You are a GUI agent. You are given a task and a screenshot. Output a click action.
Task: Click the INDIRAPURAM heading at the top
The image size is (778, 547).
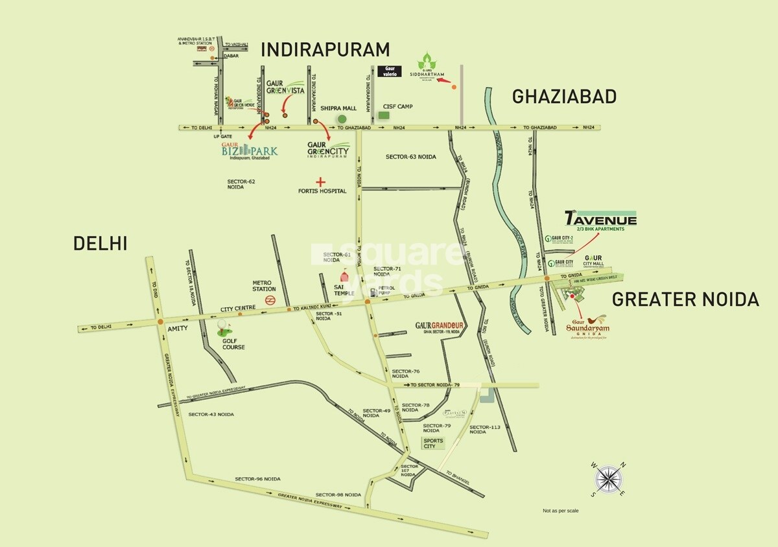point(325,50)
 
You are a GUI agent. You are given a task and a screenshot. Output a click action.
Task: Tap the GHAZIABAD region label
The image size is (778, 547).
point(564,97)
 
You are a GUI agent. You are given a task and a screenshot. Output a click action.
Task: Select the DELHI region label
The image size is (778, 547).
point(100,244)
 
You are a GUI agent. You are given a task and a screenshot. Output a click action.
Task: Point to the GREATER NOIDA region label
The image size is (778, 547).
point(685,299)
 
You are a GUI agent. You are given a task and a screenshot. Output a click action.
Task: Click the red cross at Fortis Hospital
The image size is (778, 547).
point(319,182)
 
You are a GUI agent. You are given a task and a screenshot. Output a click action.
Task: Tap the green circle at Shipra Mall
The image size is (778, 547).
point(341,119)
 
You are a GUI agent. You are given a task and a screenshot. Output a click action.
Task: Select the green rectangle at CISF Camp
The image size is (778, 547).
point(384,115)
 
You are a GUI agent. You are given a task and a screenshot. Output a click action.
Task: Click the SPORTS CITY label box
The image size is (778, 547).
point(434,444)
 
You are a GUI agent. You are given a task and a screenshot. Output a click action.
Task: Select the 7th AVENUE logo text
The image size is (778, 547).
point(600,219)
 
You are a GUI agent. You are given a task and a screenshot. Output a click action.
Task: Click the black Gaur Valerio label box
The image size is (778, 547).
point(389,71)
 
